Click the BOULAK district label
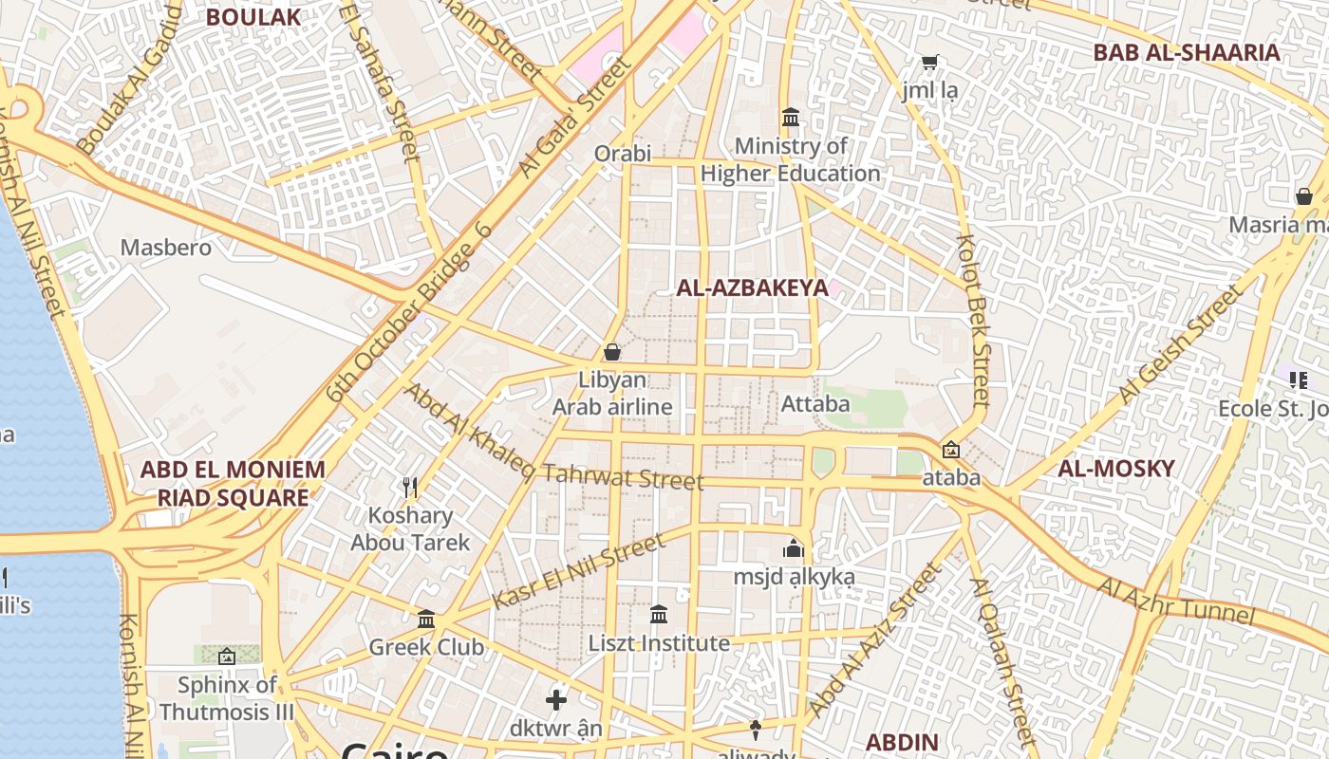pyautogui.click(x=253, y=17)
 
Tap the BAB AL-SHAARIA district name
pyautogui.click(x=1187, y=52)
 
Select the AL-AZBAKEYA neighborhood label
pyautogui.click(x=752, y=288)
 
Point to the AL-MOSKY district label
pyautogui.click(x=1116, y=468)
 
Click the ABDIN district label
pyautogui.click(x=902, y=742)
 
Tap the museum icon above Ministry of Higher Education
pyautogui.click(x=791, y=118)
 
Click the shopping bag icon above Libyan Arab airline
pyautogui.click(x=612, y=352)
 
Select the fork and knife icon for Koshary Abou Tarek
pyautogui.click(x=410, y=488)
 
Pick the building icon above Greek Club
pyautogui.click(x=426, y=620)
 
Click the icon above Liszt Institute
pyautogui.click(x=659, y=615)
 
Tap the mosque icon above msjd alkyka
pyautogui.click(x=794, y=548)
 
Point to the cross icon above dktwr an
pyautogui.click(x=556, y=701)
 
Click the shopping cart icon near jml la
pyautogui.click(x=930, y=63)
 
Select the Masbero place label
pyautogui.click(x=165, y=248)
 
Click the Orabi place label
pyautogui.click(x=623, y=153)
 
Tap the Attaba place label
pyautogui.click(x=815, y=404)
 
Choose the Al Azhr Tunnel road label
pyautogui.click(x=1176, y=601)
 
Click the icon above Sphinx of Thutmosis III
pyautogui.click(x=226, y=656)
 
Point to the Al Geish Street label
pyautogui.click(x=1178, y=343)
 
